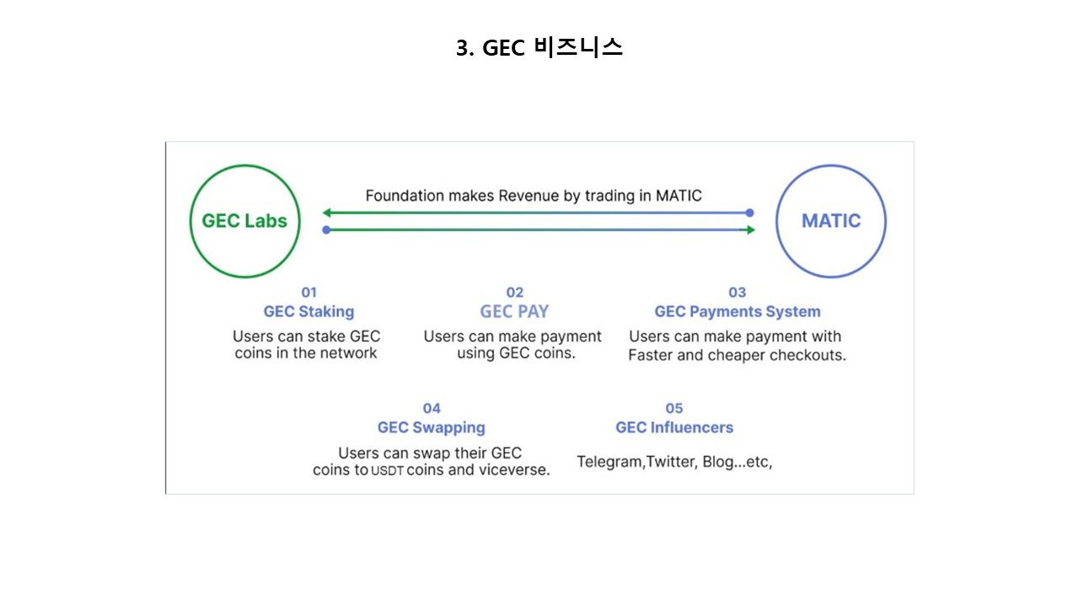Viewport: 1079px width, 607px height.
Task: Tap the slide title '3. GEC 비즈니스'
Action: coord(539,48)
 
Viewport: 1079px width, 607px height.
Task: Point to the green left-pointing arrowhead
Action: coord(327,212)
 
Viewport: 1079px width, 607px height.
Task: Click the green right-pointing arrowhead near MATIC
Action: coord(750,230)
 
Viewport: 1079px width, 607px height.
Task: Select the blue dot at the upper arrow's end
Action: coord(749,212)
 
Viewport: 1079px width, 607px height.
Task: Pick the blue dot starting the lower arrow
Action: coord(326,230)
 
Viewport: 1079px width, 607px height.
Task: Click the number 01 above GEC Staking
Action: coord(309,293)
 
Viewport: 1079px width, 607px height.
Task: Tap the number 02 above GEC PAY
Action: coord(514,293)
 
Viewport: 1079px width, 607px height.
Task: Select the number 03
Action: coord(737,293)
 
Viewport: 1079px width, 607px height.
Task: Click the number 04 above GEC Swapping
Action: coord(432,409)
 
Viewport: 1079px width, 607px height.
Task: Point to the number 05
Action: coord(674,409)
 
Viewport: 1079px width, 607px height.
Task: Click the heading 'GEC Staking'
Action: coord(309,312)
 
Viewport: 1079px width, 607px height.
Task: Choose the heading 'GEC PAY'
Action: coord(514,312)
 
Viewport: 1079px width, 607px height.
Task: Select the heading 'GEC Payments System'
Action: coord(738,312)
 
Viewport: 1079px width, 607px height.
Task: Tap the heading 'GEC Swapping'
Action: coord(431,427)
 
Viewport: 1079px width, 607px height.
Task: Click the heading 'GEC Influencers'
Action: coord(674,427)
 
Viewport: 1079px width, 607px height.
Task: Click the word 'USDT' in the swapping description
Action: coord(387,470)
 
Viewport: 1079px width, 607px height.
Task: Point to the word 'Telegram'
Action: coord(609,462)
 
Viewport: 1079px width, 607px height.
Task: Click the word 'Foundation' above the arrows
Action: coord(405,196)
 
